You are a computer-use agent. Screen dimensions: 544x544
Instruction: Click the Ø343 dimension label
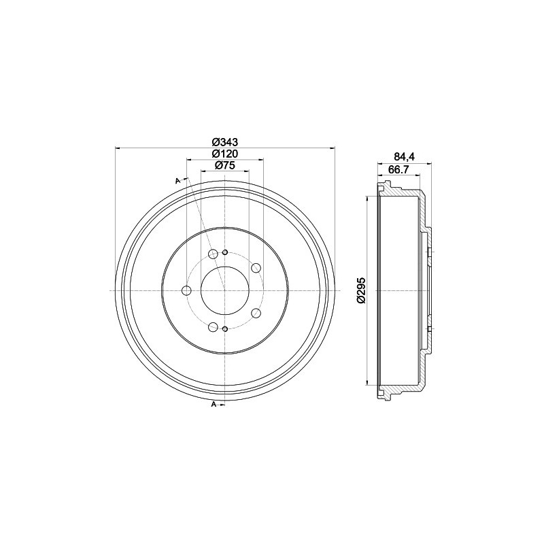pyautogui.click(x=224, y=142)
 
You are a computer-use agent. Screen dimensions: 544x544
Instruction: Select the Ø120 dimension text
pyautogui.click(x=224, y=154)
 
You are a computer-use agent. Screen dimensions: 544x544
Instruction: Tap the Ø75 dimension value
pyautogui.click(x=224, y=166)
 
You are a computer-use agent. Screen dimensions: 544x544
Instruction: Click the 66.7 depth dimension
pyautogui.click(x=397, y=170)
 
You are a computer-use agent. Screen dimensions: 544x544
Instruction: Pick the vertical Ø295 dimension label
pyautogui.click(x=362, y=290)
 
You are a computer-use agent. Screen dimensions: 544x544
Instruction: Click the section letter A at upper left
pyautogui.click(x=177, y=180)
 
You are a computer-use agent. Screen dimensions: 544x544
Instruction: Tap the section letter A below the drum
pyautogui.click(x=214, y=405)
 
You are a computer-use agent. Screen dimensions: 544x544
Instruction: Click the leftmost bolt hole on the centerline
pyautogui.click(x=187, y=291)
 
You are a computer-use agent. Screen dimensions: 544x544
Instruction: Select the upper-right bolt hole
pyautogui.click(x=256, y=268)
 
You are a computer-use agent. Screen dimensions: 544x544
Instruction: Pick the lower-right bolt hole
pyautogui.click(x=256, y=313)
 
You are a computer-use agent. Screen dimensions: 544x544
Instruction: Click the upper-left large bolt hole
pyautogui.click(x=212, y=254)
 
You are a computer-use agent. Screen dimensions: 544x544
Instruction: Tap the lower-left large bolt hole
pyautogui.click(x=212, y=327)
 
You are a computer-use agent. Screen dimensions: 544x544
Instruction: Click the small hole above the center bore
pyautogui.click(x=224, y=252)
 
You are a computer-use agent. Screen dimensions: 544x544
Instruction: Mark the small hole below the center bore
pyautogui.click(x=224, y=329)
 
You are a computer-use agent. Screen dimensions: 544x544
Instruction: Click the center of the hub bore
pyautogui.click(x=224, y=291)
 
